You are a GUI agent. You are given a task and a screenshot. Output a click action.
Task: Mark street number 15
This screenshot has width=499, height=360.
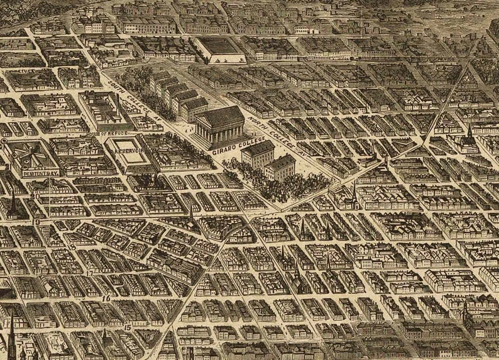click(127, 327)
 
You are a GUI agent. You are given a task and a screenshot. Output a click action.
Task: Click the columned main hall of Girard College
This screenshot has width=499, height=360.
click(219, 126)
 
